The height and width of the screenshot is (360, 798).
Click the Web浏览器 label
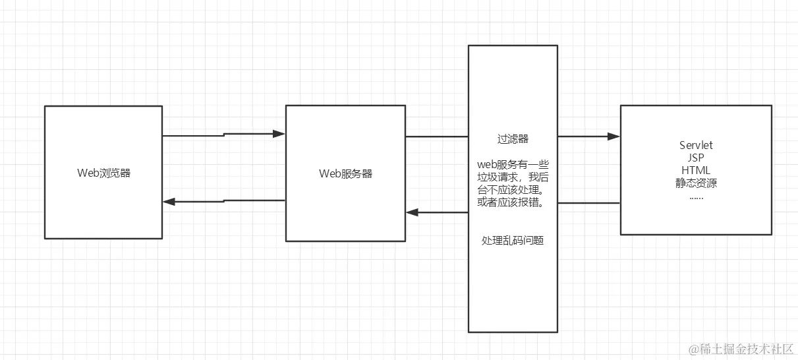tap(103, 173)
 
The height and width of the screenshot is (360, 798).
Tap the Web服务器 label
tap(345, 173)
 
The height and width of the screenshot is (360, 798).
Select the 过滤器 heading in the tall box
tap(513, 140)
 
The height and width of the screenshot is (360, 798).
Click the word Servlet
tap(696, 145)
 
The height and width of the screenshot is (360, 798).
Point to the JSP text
tap(696, 158)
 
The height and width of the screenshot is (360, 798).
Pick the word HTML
tap(696, 170)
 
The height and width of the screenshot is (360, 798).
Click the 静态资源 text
tap(696, 183)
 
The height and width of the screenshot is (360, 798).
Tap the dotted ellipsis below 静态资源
tap(696, 195)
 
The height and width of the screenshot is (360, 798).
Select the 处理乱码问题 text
tap(513, 241)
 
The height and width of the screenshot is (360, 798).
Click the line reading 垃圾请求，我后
tap(513, 177)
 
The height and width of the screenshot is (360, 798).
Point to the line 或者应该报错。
tap(513, 202)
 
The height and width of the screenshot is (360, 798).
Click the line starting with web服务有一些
tap(513, 164)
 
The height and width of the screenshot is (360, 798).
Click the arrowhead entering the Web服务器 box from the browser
tap(279, 134)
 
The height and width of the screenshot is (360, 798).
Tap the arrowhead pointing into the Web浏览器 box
tap(169, 202)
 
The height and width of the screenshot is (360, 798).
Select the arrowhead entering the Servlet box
tap(614, 136)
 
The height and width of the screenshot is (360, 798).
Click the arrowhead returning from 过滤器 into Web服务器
tap(412, 212)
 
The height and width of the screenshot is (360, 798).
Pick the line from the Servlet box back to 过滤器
tap(589, 203)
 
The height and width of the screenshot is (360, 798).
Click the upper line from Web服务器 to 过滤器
tap(436, 136)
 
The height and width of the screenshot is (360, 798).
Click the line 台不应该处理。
tap(513, 189)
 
